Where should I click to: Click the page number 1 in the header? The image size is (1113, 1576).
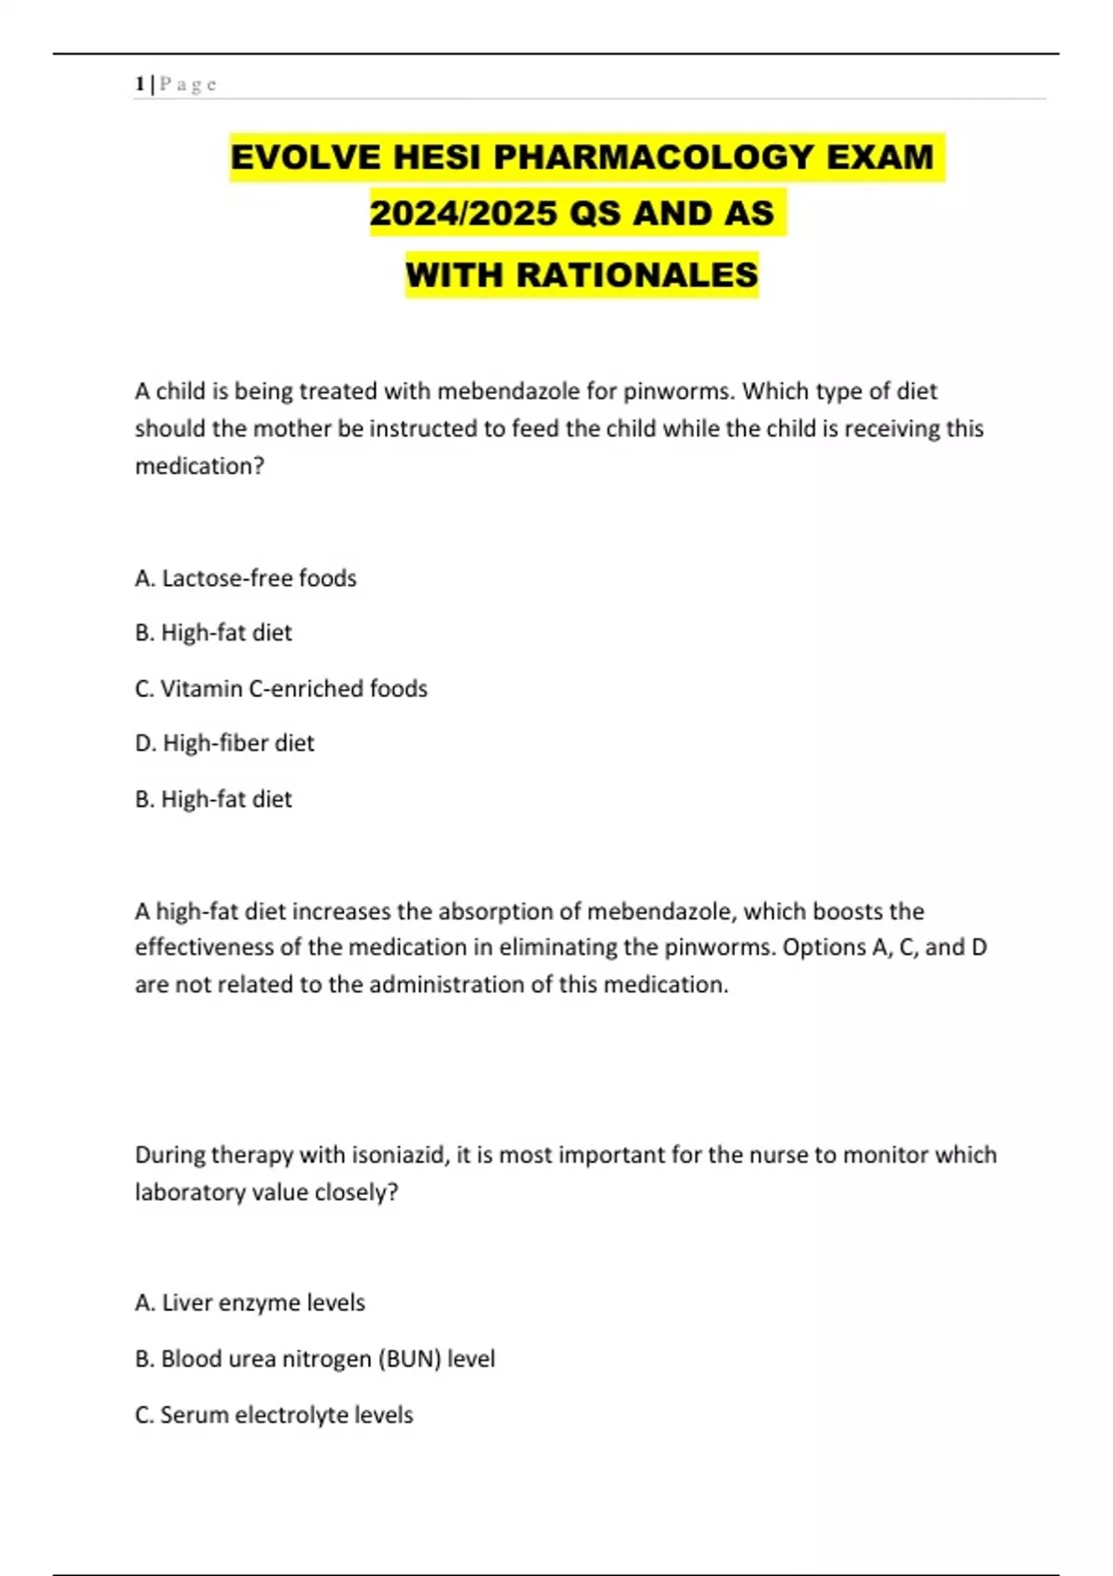(139, 84)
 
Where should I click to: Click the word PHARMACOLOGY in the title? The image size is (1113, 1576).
(654, 157)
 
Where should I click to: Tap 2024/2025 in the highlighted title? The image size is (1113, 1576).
(464, 213)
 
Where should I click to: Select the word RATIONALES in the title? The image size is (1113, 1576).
(637, 275)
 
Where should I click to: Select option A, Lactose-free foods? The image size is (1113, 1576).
(246, 578)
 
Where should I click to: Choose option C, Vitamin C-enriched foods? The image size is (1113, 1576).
(281, 689)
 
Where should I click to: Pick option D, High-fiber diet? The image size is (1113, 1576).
(224, 744)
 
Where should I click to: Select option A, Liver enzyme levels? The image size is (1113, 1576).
(249, 1303)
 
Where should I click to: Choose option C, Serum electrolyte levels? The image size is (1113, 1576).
(274, 1415)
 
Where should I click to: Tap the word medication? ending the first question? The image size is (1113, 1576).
(199, 466)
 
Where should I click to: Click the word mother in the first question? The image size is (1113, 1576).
(288, 428)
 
